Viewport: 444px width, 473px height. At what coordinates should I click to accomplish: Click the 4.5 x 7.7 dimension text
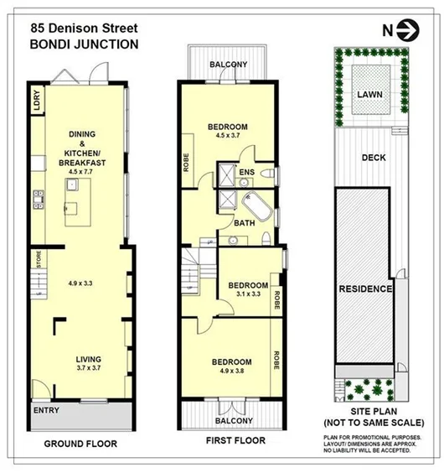point(81,172)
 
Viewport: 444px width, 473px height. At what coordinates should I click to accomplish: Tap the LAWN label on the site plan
point(368,95)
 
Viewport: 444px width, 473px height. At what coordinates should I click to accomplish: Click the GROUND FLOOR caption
point(80,444)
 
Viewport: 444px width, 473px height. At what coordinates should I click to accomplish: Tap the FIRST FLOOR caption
point(235,440)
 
